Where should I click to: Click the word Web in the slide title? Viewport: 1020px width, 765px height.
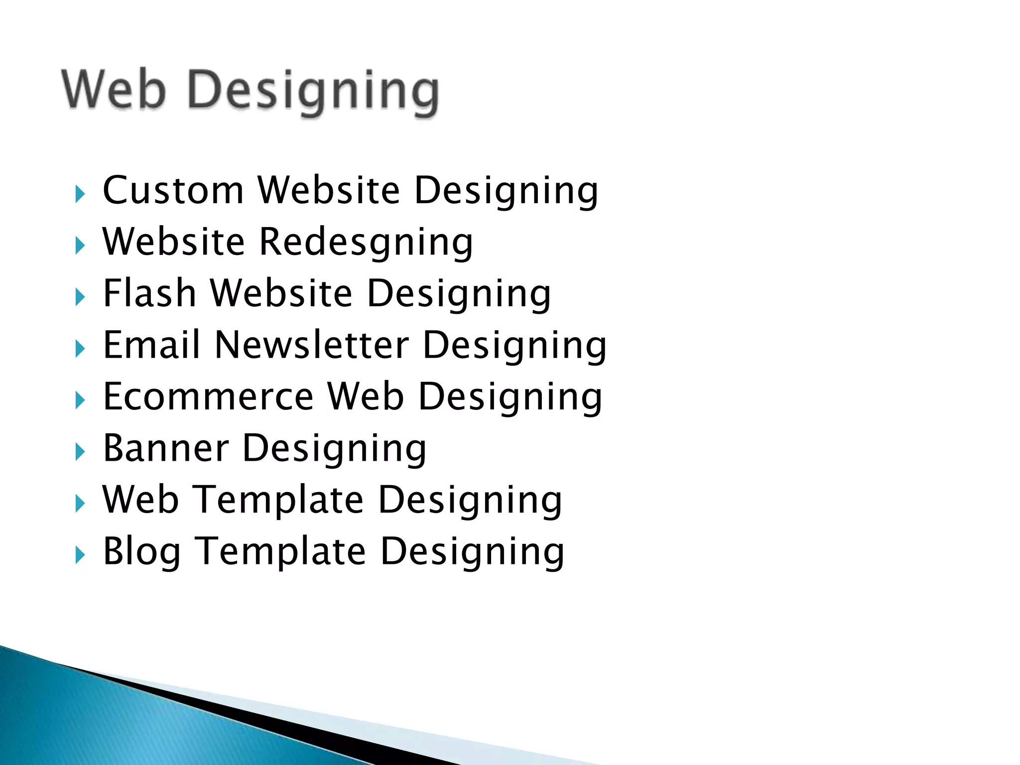click(114, 90)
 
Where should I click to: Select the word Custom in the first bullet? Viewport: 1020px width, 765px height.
click(173, 190)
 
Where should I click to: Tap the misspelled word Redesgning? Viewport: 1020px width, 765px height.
click(366, 243)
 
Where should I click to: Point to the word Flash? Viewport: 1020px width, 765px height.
click(149, 293)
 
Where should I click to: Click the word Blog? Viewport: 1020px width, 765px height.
click(142, 552)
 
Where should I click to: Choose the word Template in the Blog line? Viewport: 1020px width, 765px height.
click(280, 552)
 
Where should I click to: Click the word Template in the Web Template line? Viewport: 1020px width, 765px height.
click(278, 500)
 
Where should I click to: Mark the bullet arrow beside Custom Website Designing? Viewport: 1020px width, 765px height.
click(80, 194)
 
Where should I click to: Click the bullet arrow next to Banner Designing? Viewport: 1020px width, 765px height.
click(80, 452)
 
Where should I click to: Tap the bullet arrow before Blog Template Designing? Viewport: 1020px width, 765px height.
click(80, 555)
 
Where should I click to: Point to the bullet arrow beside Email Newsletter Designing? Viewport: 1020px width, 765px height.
click(80, 349)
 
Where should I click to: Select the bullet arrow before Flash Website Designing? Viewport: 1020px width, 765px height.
click(80, 297)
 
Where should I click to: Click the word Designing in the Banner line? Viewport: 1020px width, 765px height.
click(334, 449)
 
